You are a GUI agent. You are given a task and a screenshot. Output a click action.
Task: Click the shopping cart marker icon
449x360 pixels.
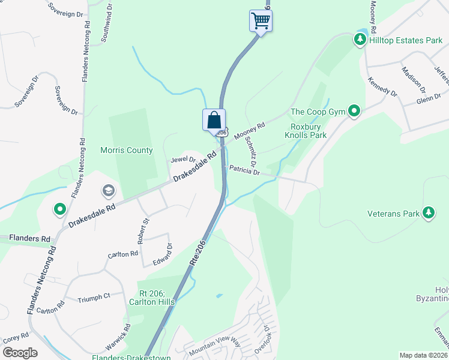[261, 20]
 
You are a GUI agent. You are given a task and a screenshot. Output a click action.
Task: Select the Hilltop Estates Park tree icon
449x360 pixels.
[360, 40]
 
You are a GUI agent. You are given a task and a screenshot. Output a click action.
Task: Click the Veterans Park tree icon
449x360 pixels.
[429, 212]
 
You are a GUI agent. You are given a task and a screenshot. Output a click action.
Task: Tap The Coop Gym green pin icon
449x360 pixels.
[354, 111]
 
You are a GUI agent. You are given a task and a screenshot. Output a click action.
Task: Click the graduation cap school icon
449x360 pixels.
[108, 191]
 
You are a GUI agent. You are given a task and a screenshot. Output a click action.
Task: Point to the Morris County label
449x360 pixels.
[127, 151]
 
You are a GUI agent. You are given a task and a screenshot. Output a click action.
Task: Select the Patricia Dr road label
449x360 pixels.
[244, 172]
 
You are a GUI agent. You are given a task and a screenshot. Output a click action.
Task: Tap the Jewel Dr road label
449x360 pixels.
[183, 160]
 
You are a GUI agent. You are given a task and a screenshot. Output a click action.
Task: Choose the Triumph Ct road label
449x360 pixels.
[94, 296]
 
